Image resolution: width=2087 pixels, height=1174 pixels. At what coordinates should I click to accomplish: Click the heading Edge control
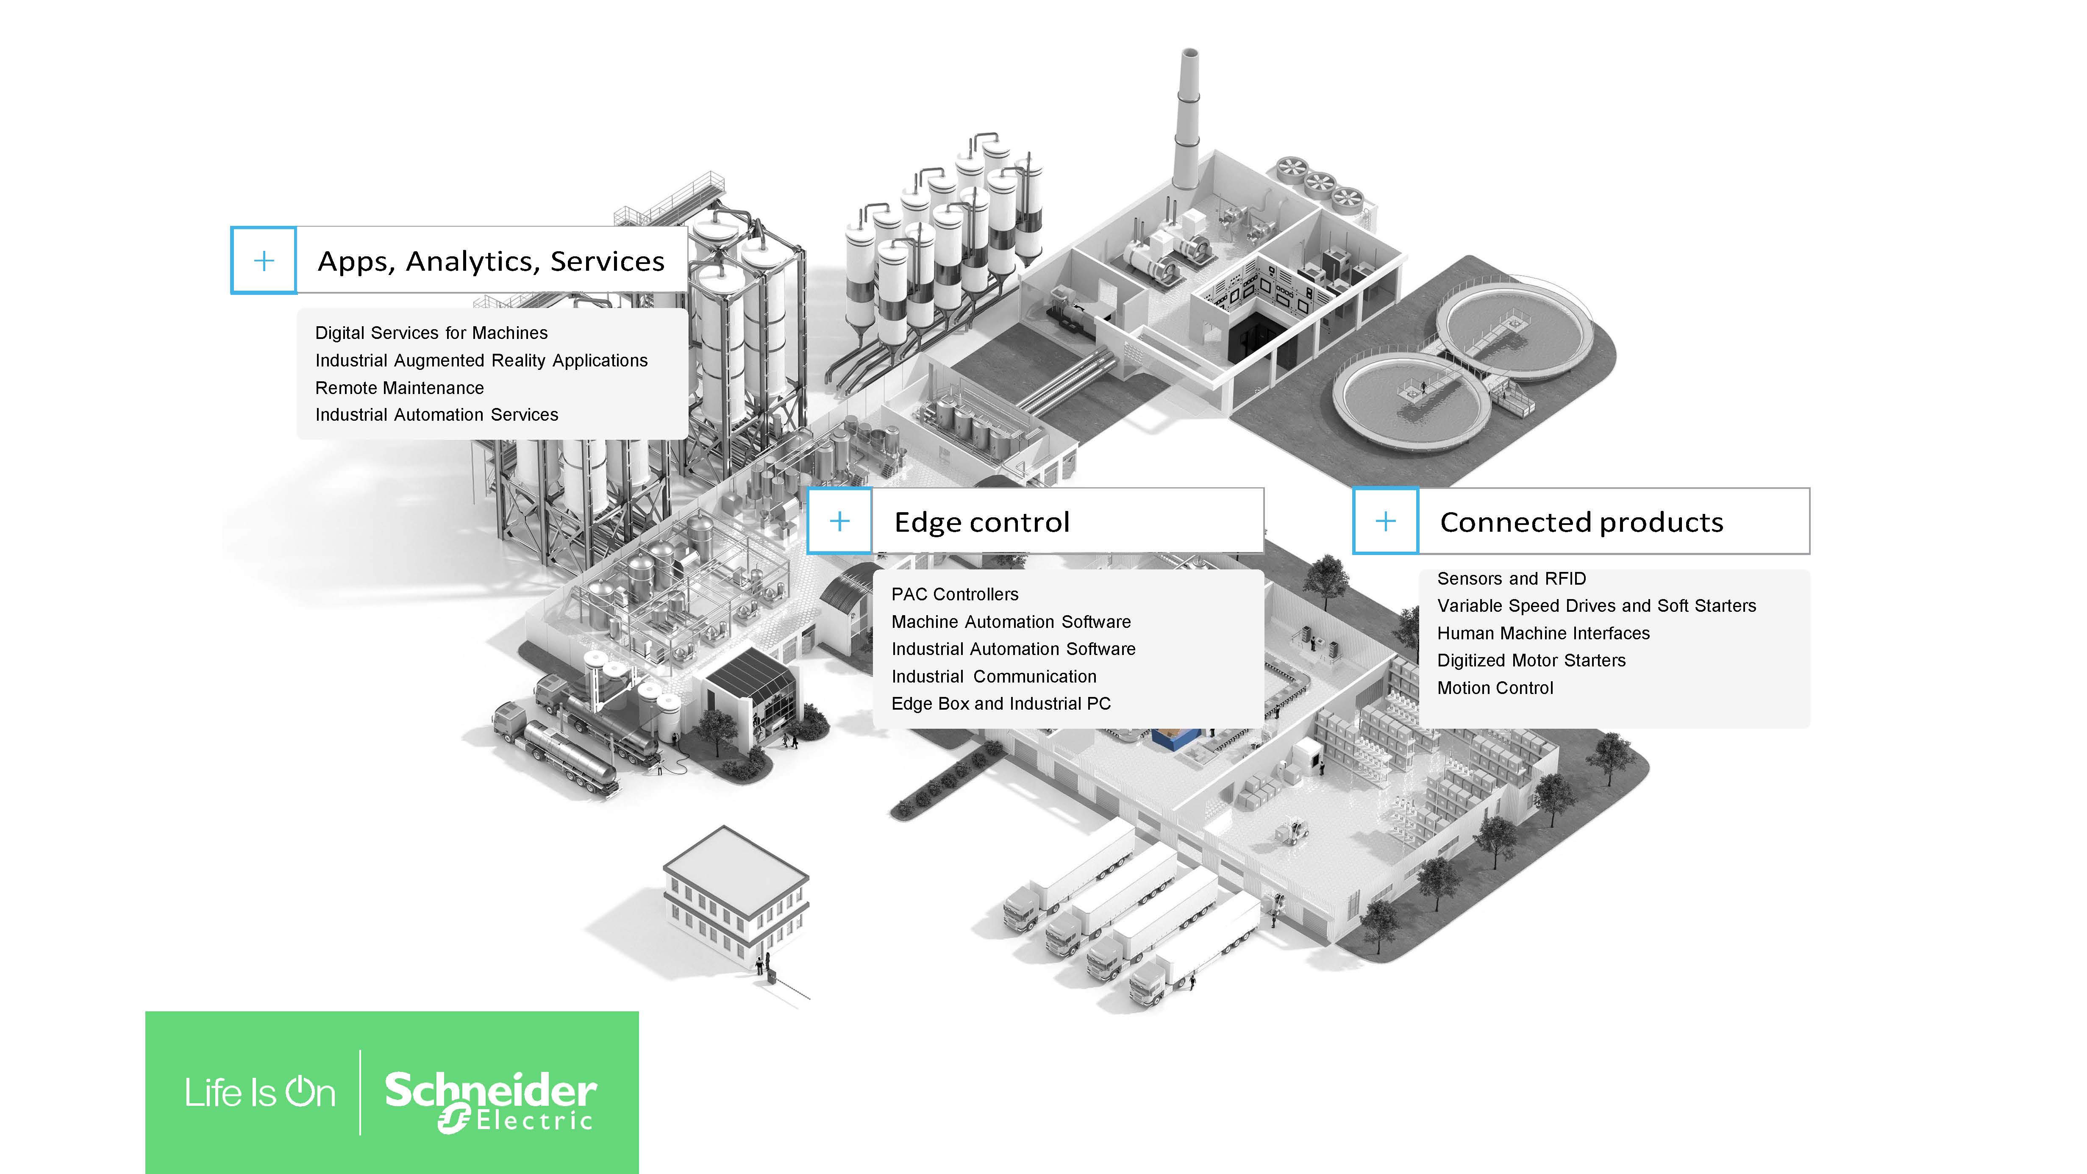coord(982,522)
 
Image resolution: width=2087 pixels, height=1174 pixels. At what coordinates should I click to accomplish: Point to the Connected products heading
coord(1581,522)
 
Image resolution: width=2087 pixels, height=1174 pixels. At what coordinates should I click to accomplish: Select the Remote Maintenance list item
coord(400,388)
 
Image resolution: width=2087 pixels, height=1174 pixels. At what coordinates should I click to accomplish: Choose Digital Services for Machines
coord(431,333)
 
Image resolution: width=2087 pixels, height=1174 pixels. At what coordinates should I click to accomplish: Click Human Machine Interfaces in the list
coord(1543,633)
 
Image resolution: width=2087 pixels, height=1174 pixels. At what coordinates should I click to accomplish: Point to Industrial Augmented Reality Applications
coord(481,361)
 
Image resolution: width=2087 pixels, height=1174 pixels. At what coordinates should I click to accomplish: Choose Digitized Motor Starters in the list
coord(1531,661)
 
